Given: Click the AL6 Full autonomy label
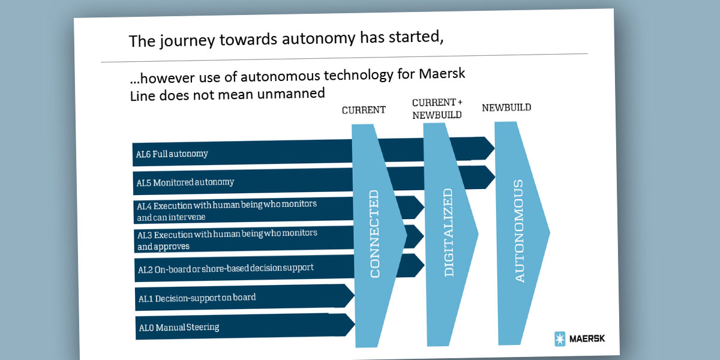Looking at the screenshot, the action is (x=172, y=154).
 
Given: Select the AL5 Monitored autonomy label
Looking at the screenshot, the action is (x=185, y=182).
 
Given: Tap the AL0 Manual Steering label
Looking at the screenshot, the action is (x=179, y=328).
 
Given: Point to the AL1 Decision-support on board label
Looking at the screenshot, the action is (x=197, y=298).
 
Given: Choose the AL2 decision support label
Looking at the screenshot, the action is (x=226, y=268).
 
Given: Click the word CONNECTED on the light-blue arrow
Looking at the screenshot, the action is (x=374, y=233).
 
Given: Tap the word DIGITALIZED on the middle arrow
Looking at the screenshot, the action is (x=448, y=232).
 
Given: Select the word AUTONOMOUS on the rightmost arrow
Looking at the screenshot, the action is (x=519, y=231).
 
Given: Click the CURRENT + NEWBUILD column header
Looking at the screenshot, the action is (x=437, y=109).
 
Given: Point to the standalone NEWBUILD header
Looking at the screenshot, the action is (x=506, y=107).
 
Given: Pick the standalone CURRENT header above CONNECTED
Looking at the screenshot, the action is (x=364, y=110).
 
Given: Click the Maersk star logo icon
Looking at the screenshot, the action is (x=560, y=339).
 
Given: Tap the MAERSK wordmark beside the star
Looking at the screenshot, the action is (x=587, y=338).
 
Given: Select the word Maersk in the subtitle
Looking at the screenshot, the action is (x=442, y=74).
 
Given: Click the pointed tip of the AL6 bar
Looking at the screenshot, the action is (x=494, y=148).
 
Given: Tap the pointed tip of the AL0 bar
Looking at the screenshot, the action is (x=354, y=325).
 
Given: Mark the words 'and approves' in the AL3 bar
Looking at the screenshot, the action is (x=163, y=247).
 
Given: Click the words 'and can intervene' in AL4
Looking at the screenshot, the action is (x=171, y=217).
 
